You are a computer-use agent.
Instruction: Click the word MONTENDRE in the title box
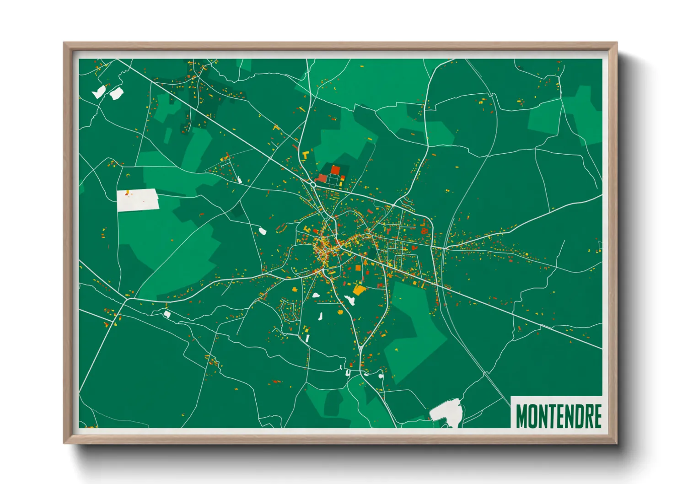pyautogui.click(x=558, y=416)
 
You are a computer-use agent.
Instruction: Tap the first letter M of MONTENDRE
pyautogui.click(x=521, y=416)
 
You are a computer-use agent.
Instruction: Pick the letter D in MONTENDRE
pyautogui.click(x=579, y=416)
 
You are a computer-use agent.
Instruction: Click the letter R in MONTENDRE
pyautogui.click(x=588, y=416)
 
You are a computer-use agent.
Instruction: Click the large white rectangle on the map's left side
pyautogui.click(x=138, y=200)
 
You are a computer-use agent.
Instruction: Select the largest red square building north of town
pyautogui.click(x=335, y=170)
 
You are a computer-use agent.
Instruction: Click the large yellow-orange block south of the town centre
pyautogui.click(x=359, y=290)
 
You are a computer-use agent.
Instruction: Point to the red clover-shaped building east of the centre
pyautogui.click(x=424, y=231)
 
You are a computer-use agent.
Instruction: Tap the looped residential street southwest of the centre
pyautogui.click(x=288, y=310)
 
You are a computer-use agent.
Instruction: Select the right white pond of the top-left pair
pyautogui.click(x=116, y=94)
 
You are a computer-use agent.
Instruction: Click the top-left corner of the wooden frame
pyautogui.click(x=65, y=44)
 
